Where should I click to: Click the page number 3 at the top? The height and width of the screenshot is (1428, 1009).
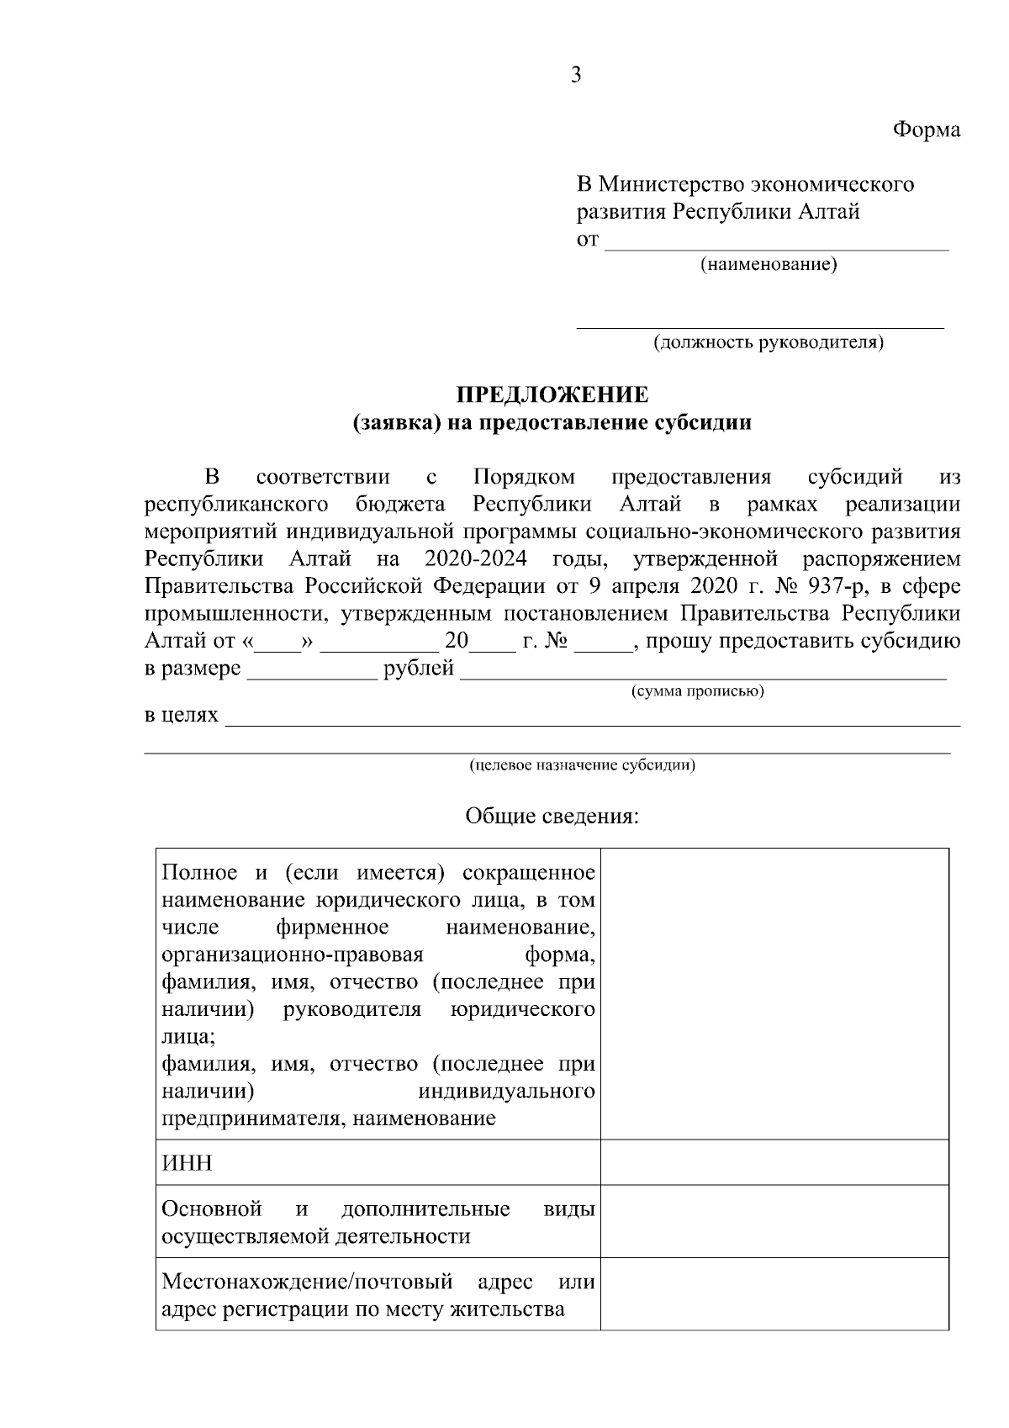(576, 76)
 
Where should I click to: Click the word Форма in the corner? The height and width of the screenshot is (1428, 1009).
(926, 130)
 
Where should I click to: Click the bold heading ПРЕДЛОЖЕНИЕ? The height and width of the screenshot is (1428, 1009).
(552, 394)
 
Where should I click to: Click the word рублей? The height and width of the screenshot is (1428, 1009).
(419, 669)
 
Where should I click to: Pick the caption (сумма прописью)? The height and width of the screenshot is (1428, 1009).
(697, 692)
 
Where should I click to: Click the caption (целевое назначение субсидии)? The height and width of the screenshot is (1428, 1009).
(582, 765)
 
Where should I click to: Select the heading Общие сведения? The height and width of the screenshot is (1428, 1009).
(552, 816)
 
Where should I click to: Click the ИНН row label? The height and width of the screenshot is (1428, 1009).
(187, 1163)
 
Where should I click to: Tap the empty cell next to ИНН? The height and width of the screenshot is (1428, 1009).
(774, 1162)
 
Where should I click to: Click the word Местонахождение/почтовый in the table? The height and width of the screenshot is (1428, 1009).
(307, 1283)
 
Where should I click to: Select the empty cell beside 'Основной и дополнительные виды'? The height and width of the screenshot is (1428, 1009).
(774, 1221)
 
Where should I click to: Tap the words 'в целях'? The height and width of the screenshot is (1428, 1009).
(181, 716)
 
